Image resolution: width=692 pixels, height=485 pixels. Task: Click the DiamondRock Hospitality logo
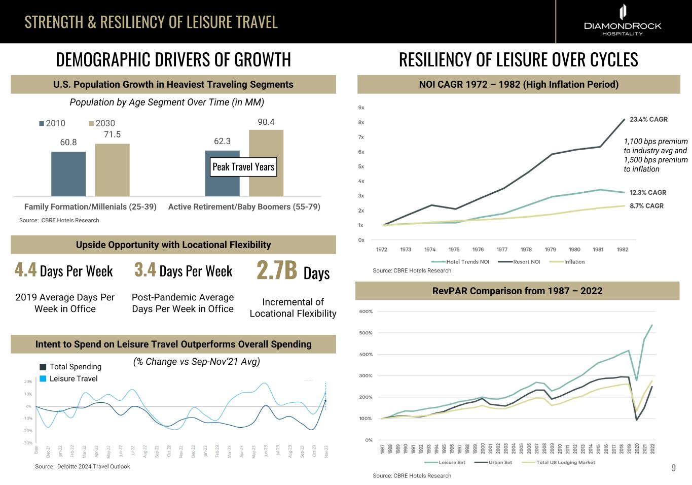(x=623, y=21)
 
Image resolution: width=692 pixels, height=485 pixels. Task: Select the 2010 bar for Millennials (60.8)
(x=68, y=174)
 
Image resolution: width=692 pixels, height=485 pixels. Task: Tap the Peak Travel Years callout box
(x=243, y=167)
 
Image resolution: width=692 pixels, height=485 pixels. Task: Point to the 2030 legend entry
(x=102, y=123)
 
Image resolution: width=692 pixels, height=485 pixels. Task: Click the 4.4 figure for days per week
(x=25, y=270)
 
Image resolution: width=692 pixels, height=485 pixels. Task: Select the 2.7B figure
(x=277, y=270)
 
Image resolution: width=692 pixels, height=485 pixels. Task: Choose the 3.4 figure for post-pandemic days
(x=145, y=270)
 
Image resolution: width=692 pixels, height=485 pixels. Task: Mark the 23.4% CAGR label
(x=648, y=119)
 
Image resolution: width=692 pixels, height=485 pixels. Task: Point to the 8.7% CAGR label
(x=646, y=206)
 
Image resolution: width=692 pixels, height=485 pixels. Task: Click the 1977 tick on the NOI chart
(x=502, y=250)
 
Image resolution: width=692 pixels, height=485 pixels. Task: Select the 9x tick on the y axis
(x=361, y=108)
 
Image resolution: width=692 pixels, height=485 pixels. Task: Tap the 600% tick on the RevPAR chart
(x=366, y=311)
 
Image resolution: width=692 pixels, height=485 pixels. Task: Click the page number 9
(x=673, y=468)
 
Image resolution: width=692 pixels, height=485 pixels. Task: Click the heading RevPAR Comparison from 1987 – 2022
(x=517, y=291)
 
